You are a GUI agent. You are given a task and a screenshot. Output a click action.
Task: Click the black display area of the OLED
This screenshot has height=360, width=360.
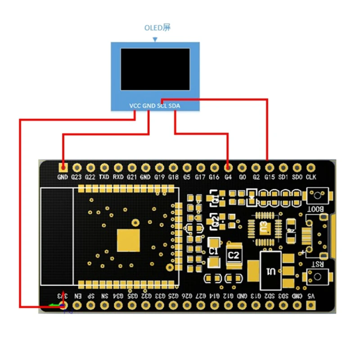[155, 68]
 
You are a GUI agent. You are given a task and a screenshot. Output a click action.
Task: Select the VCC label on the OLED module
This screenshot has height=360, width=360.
[135, 106]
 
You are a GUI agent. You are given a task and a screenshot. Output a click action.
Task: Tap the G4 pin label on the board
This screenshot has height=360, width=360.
[228, 177]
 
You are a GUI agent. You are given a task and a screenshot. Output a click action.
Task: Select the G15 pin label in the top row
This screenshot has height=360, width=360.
[270, 177]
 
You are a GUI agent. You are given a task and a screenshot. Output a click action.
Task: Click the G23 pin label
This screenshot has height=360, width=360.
[76, 177]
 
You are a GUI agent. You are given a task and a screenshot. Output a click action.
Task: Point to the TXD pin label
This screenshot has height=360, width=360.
[104, 177]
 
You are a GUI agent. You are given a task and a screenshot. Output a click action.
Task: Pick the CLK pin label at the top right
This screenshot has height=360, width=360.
[311, 177]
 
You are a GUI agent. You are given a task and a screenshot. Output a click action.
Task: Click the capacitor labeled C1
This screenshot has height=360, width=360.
[215, 250]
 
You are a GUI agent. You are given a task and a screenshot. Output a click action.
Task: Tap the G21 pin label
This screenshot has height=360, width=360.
[131, 177]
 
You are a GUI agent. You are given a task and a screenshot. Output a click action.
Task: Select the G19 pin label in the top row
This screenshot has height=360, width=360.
[159, 177]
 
